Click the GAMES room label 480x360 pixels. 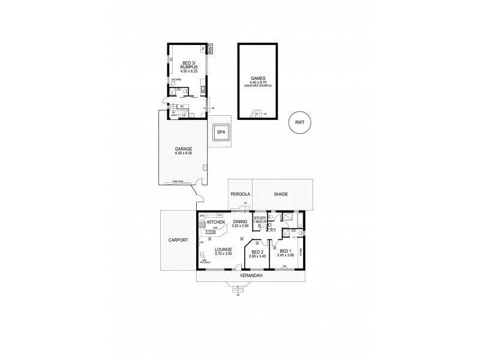point(257,78)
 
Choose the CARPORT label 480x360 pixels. point(179,240)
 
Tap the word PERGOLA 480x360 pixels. point(240,194)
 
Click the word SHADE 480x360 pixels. point(281,194)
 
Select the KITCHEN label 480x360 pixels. point(215,223)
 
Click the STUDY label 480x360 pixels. point(260,218)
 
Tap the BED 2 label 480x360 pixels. point(258,253)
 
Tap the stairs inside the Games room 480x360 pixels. point(257,114)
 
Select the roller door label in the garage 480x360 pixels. point(177,179)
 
